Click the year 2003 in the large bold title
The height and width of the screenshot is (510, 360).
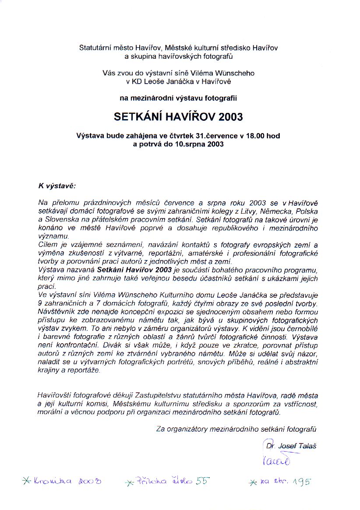click(x=227, y=117)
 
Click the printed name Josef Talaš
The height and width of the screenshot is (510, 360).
click(x=297, y=446)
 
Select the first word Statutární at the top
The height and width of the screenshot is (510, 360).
click(x=94, y=47)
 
